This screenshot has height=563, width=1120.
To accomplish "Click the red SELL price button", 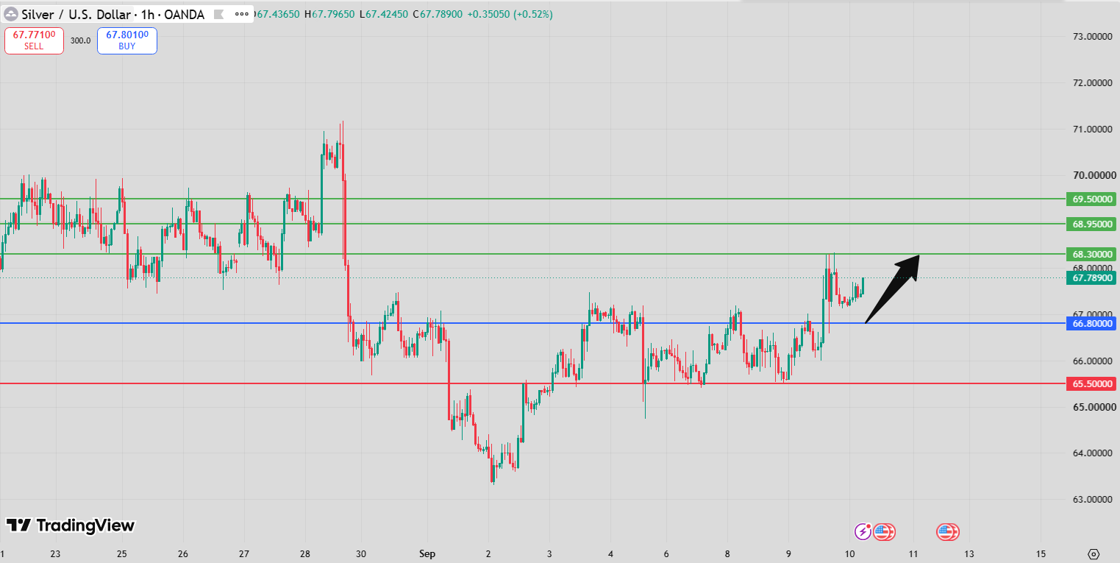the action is (x=34, y=40).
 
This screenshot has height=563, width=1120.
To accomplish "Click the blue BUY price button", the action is (x=127, y=40).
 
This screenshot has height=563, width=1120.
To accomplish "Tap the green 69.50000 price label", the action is (x=1091, y=199).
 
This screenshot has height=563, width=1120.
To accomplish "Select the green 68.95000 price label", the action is (x=1091, y=224).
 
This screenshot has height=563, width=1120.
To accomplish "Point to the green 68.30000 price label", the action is (x=1091, y=254).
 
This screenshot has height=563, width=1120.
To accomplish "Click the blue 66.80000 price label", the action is (x=1091, y=323).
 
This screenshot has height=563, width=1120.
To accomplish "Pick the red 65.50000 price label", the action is (x=1091, y=384).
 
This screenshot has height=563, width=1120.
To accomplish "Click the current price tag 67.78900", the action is (x=1091, y=278).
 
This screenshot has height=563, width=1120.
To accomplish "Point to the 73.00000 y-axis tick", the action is (x=1093, y=37).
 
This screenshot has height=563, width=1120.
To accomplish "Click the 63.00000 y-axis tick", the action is (x=1093, y=500).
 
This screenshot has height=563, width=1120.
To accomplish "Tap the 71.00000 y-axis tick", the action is (x=1093, y=129).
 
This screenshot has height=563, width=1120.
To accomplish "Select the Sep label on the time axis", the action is (x=427, y=554).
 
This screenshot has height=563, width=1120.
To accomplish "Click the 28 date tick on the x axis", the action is (x=305, y=554).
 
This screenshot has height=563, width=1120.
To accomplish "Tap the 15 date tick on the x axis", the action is (x=1041, y=554).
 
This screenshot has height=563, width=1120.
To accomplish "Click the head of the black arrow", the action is (x=919, y=255).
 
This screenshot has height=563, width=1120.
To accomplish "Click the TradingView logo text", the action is (x=85, y=525).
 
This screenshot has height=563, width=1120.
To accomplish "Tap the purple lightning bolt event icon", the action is (x=863, y=531).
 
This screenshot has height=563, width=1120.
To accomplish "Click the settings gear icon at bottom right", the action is (x=1094, y=554).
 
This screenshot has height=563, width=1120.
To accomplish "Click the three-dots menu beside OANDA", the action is (x=241, y=14).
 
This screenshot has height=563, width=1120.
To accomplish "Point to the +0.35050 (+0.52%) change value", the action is (x=510, y=14).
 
